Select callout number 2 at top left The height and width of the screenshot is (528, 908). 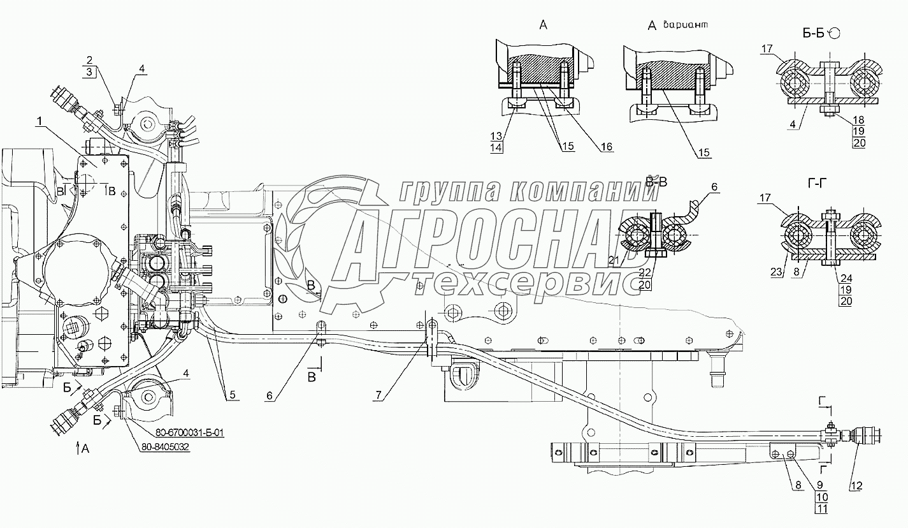(90, 59)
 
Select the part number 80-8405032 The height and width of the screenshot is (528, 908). (165, 447)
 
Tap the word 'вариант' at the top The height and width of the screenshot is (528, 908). (686, 24)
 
